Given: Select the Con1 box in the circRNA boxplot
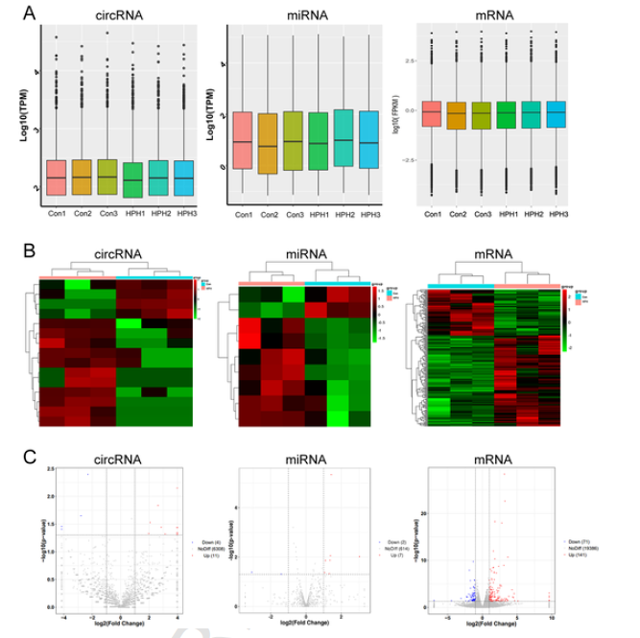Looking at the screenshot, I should (56, 177).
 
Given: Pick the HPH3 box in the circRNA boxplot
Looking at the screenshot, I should (185, 179).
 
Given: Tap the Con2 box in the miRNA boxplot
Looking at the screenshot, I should (269, 143).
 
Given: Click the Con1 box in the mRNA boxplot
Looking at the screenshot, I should (432, 114).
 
